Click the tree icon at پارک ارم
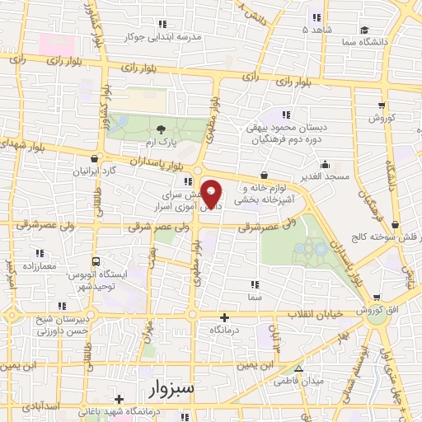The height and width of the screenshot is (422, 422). click(161, 129)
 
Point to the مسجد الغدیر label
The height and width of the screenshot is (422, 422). click(325, 176)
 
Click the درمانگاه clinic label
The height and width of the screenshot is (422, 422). click(225, 329)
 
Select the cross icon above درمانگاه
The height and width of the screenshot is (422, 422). click(225, 316)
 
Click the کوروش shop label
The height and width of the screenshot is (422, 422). click(381, 119)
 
